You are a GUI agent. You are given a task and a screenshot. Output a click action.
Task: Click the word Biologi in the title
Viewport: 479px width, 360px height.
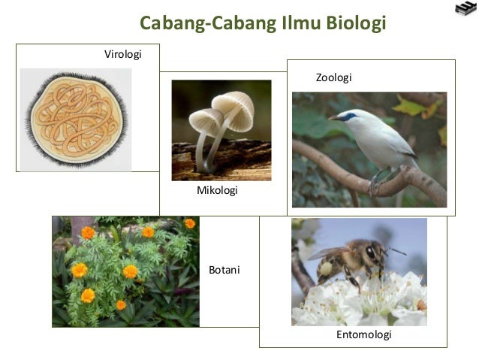[x=355, y=24]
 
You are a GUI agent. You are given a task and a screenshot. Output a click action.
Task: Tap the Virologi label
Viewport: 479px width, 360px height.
[x=122, y=54]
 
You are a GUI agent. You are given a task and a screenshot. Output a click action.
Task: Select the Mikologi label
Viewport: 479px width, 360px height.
[x=217, y=191]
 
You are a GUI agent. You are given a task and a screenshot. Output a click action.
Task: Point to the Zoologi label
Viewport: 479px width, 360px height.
[x=333, y=77]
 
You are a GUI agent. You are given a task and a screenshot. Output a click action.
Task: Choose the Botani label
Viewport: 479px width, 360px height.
[x=224, y=270]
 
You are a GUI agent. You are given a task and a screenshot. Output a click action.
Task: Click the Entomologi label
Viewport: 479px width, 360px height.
[x=363, y=335]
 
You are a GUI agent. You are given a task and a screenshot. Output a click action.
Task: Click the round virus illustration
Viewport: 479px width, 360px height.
[x=76, y=120]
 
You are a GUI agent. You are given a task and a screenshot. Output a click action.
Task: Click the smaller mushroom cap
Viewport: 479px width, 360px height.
[x=205, y=119]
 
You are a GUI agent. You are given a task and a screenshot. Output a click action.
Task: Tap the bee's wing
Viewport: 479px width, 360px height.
[x=330, y=253]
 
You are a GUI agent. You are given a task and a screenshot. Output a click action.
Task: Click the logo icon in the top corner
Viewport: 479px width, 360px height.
[x=465, y=9]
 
